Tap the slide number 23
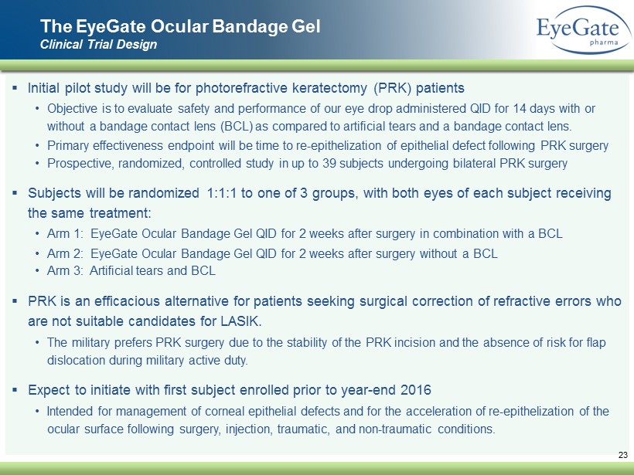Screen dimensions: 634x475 tap(622, 455)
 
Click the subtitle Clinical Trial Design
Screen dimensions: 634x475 tap(98, 44)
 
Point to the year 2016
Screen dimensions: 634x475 tap(416, 390)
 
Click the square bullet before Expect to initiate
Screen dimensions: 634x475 tap(15, 390)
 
